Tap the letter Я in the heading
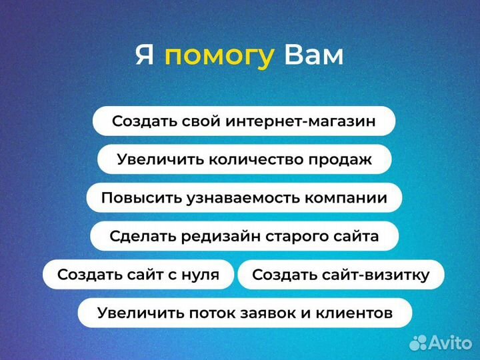(145, 55)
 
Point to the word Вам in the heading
(314, 55)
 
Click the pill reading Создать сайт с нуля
(139, 275)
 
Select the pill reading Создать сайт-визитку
(341, 275)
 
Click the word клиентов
(356, 313)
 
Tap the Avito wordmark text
(449, 343)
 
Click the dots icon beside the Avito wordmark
(418, 343)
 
